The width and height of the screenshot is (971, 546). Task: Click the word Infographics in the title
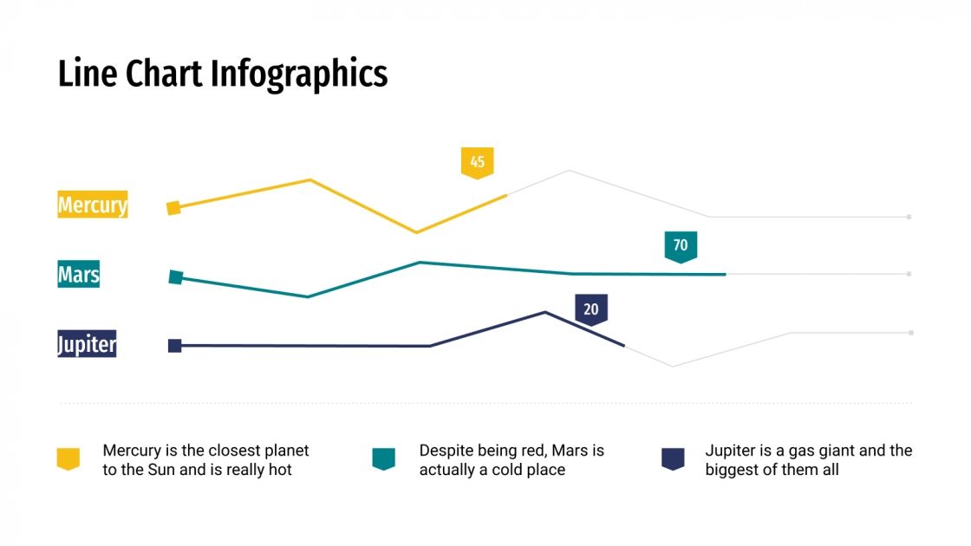pos(299,75)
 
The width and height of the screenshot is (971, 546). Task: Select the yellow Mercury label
pos(93,205)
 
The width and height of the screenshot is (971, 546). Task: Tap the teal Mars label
pos(79,275)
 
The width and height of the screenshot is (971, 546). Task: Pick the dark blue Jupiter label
pos(88,344)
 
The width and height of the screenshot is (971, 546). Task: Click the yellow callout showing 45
pos(477,162)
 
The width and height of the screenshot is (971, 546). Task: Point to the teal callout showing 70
pos(681,246)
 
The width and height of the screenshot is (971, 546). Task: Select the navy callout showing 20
pos(590,309)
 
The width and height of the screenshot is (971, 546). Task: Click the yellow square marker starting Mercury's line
pos(173,207)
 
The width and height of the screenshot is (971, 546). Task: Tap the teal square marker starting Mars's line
pos(176,277)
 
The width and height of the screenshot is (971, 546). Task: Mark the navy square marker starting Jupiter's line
pos(175,346)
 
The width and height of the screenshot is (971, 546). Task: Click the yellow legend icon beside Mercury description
pos(68,458)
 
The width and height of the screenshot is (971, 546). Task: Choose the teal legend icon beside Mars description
pos(383,458)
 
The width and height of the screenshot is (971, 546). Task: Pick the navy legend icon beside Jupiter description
pos(673,458)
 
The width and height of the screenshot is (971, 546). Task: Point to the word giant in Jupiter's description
pos(826,451)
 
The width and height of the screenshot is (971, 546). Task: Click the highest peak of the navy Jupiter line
pos(544,312)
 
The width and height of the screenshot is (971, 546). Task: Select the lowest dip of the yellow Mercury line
pos(416,232)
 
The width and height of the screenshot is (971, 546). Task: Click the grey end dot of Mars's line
pos(909,274)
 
